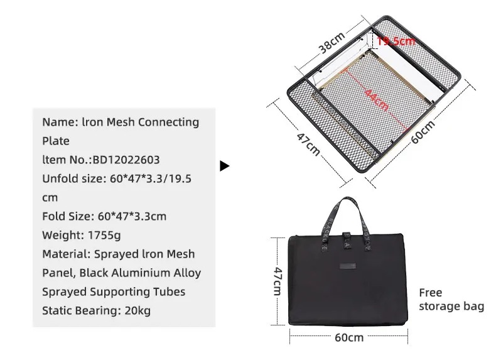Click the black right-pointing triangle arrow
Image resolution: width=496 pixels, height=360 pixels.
[224, 166]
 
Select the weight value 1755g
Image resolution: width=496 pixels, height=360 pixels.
[108, 235]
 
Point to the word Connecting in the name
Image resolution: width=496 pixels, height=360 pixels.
[168, 122]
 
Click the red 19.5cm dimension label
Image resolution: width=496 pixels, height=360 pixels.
[397, 41]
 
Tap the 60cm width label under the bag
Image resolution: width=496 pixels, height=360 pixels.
[348, 337]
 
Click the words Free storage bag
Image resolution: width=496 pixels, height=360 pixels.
[451, 299]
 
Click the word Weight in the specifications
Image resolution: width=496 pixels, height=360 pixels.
[59, 235]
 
